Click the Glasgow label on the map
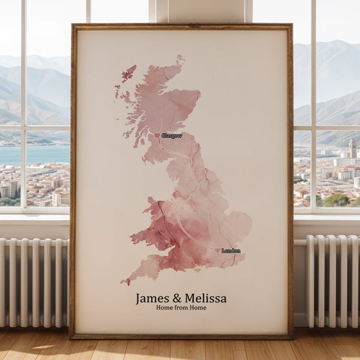(x=172, y=136)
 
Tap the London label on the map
(x=231, y=251)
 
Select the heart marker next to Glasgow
(x=158, y=136)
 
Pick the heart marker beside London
(x=218, y=250)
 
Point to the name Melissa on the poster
(x=206, y=298)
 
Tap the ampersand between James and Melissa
(x=178, y=298)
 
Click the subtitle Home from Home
(x=181, y=308)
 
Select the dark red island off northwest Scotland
(x=128, y=73)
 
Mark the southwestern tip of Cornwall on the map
(x=124, y=281)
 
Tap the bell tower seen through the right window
(x=352, y=148)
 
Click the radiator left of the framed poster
(x=33, y=282)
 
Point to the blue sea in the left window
(x=36, y=155)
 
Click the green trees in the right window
(x=336, y=200)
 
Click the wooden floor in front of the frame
(x=180, y=349)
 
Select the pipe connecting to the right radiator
(x=300, y=242)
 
